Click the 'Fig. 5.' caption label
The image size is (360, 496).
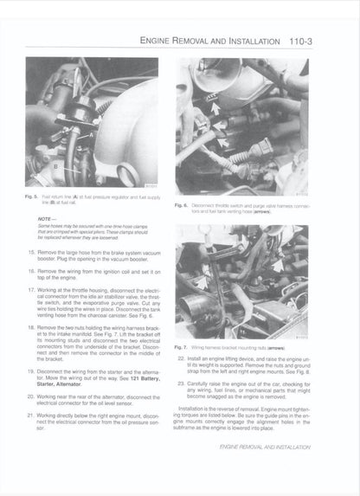tap(31, 197)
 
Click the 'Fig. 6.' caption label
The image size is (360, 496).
tap(182, 205)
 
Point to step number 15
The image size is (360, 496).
tap(32, 249)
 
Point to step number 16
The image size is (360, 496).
tap(32, 270)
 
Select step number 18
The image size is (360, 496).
tap(32, 328)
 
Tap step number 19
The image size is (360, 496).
tap(32, 369)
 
